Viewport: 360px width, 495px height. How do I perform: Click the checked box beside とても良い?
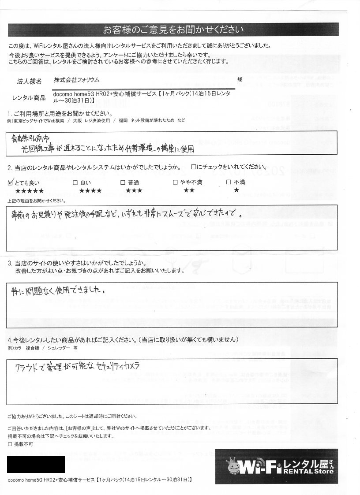tap(11, 182)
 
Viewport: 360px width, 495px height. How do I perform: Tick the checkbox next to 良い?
tap(74, 182)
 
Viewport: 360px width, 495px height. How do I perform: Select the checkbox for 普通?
tap(123, 182)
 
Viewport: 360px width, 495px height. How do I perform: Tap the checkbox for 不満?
tap(229, 182)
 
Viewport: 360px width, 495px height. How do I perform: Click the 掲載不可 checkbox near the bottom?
tap(10, 445)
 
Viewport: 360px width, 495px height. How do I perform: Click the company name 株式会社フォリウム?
tap(76, 80)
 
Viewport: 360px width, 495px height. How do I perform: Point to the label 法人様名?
tap(29, 82)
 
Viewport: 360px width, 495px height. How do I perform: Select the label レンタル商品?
tap(29, 98)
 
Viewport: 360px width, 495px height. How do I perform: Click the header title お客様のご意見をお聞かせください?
tap(173, 30)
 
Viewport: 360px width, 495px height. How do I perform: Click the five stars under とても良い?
tap(30, 190)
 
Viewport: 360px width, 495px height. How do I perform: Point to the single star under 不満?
tap(236, 190)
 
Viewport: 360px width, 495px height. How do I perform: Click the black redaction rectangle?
tap(36, 465)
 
